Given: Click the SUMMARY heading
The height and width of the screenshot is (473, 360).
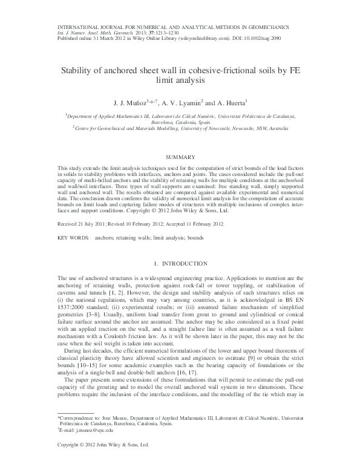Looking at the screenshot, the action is click(x=180, y=156).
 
